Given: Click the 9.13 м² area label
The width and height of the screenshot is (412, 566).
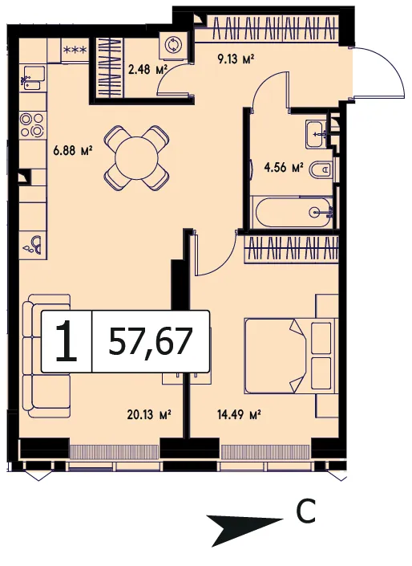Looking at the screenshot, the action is click(236, 59).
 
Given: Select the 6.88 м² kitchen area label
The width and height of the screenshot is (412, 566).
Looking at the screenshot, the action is click(73, 150).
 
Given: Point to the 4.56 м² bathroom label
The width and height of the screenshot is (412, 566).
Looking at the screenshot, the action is click(284, 168).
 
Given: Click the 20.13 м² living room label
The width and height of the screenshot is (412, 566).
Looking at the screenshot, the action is click(149, 415).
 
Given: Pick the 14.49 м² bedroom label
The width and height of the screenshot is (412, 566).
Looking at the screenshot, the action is click(239, 415).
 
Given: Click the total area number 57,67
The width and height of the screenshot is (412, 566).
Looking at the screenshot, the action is click(150, 341).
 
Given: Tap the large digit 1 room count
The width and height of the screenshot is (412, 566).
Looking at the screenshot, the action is click(67, 341).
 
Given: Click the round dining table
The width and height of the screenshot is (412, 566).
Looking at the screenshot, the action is click(136, 158).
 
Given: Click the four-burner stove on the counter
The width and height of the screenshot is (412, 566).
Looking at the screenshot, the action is click(32, 124).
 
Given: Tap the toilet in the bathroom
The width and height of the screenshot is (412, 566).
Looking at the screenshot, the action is click(321, 169).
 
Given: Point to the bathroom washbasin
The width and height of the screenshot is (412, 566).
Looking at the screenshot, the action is click(316, 134).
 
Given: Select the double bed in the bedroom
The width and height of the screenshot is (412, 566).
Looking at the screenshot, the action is click(290, 356).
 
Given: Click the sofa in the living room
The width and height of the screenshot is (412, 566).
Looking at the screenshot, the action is click(46, 356).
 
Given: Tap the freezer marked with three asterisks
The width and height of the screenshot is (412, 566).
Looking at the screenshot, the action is click(75, 50).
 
